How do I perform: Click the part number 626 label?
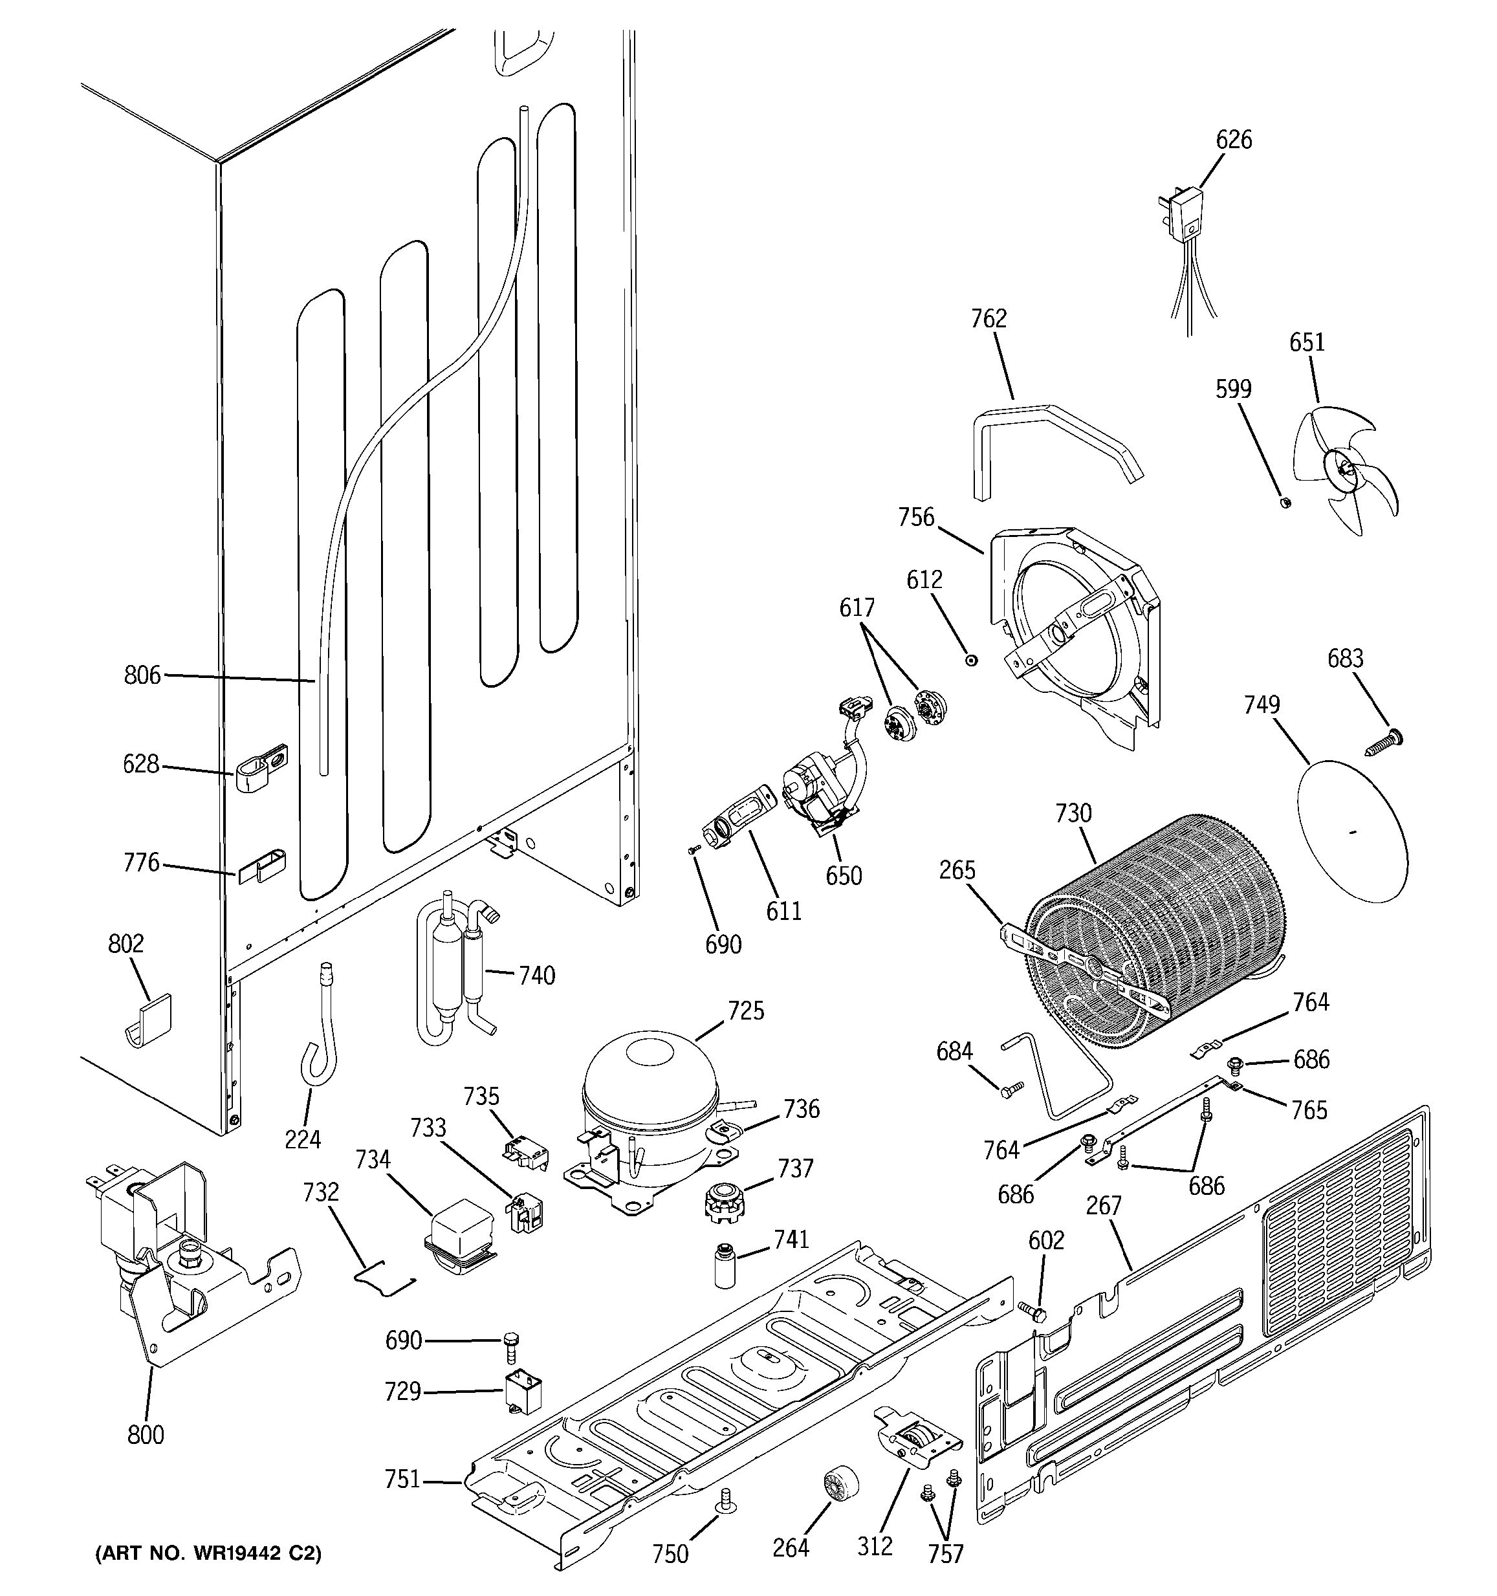pyautogui.click(x=1233, y=140)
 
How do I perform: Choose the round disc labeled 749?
pyautogui.click(x=1353, y=831)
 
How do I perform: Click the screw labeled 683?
pyautogui.click(x=1384, y=740)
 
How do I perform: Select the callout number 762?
pyautogui.click(x=988, y=319)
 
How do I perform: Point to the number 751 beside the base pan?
pyautogui.click(x=402, y=1479)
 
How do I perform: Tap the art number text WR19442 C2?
pyautogui.click(x=209, y=1553)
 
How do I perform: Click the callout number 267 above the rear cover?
pyautogui.click(x=1103, y=1205)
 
